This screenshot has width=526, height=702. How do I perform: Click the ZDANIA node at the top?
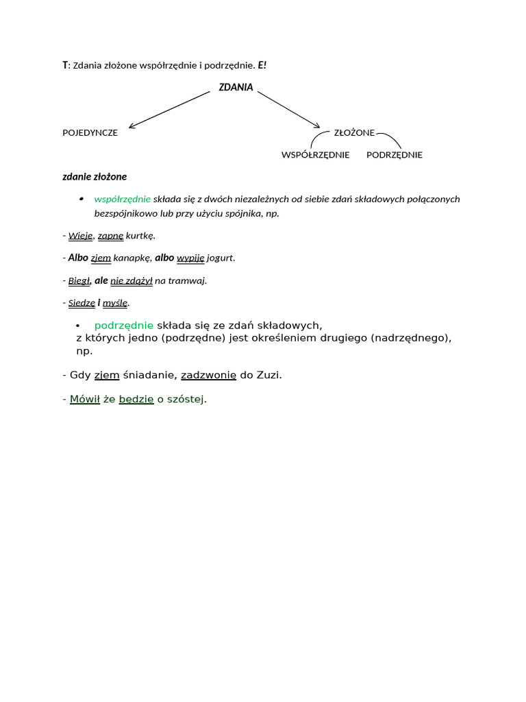point(236,88)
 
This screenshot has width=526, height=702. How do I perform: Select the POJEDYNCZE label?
point(90,133)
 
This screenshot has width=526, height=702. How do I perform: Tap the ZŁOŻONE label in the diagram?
point(354,133)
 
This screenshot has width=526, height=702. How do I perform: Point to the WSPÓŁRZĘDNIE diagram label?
point(315,155)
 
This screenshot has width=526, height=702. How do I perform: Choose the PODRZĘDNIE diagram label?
point(394,155)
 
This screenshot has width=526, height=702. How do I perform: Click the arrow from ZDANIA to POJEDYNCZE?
point(169,110)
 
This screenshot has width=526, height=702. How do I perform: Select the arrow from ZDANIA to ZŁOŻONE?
point(288,110)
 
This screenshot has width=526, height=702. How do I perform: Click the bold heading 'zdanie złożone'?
point(95,177)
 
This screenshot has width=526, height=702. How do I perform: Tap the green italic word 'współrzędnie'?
point(122,199)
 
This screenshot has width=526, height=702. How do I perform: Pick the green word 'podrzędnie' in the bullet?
point(124,325)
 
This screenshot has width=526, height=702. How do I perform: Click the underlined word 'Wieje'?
point(80,236)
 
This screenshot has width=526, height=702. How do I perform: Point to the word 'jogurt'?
point(221,258)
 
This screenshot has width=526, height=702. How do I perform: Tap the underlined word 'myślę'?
point(115,302)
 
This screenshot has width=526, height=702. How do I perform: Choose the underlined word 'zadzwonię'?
point(208,375)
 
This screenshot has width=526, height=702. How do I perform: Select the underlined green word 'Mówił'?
point(85,400)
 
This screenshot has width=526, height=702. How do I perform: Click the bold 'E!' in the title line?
point(262,65)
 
